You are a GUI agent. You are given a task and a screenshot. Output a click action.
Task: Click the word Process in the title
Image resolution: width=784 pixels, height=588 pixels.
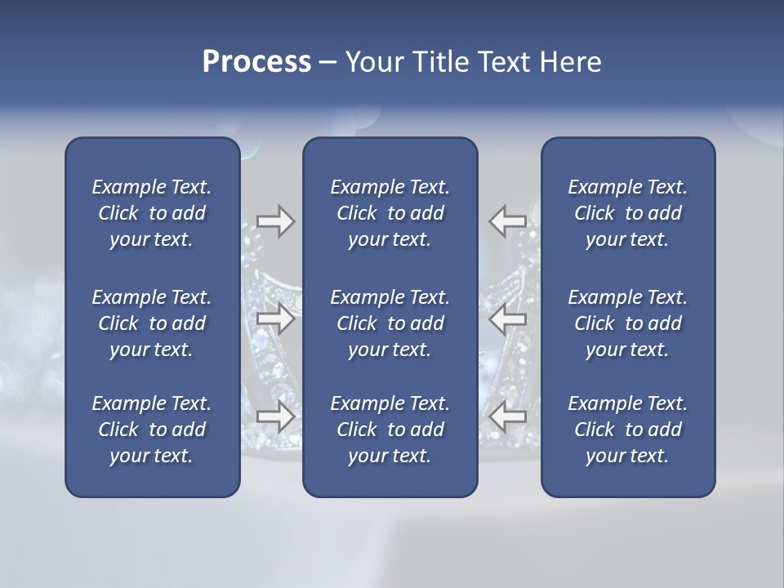(256, 62)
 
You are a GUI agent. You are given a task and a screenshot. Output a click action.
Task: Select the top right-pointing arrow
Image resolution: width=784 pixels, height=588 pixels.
(275, 221)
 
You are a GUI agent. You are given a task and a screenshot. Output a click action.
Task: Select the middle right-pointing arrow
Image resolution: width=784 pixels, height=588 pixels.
(275, 318)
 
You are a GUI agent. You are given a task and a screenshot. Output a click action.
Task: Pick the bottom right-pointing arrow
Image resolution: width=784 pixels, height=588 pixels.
(275, 416)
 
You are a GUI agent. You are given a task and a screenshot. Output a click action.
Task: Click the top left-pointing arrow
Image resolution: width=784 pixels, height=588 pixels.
(508, 221)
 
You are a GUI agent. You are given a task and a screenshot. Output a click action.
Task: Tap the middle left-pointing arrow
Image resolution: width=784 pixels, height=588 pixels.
(508, 318)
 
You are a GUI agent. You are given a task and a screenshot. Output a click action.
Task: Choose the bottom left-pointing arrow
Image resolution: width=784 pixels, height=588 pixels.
(508, 416)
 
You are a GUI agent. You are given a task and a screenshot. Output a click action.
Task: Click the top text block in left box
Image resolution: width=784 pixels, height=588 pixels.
(152, 213)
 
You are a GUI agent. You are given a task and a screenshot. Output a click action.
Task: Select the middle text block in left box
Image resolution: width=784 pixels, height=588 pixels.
(152, 323)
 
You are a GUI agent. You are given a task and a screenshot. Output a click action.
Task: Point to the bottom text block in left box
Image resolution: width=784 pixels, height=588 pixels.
(152, 430)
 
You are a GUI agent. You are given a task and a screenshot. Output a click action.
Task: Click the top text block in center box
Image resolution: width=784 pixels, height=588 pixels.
(390, 213)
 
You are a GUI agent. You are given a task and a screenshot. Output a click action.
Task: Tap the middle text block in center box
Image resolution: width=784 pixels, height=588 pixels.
(390, 323)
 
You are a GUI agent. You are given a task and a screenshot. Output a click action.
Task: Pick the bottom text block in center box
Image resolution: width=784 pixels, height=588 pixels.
(390, 430)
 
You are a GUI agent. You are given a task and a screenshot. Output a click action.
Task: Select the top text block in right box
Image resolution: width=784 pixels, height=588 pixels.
(627, 213)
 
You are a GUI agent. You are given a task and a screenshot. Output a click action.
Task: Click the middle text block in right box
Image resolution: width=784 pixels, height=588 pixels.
(627, 323)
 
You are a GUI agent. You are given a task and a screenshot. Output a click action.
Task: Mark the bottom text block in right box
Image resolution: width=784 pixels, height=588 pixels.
(627, 430)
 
